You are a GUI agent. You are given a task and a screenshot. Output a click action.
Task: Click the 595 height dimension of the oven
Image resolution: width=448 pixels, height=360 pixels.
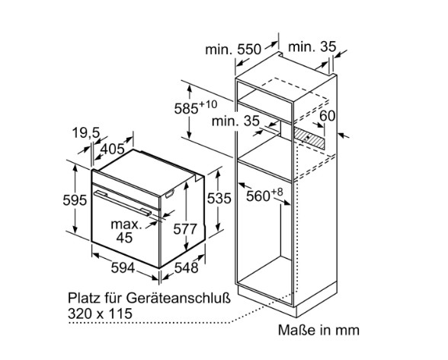click(75, 199)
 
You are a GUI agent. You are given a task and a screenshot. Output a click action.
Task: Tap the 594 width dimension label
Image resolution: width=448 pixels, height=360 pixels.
click(123, 268)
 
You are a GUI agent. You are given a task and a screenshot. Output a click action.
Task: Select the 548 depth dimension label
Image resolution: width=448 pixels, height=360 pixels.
click(186, 268)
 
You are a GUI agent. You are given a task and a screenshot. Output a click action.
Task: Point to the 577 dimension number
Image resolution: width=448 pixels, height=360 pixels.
click(185, 229)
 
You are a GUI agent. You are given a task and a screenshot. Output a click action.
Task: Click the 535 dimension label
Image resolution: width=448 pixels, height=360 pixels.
click(219, 199)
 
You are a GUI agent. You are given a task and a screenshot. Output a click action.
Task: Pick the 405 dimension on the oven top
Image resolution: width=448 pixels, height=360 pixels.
click(113, 148)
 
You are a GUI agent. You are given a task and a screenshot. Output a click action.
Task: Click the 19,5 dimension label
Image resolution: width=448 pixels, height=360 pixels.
click(85, 133)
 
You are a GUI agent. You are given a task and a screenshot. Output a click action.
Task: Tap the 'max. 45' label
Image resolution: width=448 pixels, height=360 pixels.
click(126, 231)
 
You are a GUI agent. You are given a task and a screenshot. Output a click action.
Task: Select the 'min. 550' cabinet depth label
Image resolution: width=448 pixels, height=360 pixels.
click(233, 49)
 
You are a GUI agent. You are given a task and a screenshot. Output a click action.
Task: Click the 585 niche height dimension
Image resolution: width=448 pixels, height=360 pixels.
click(186, 109)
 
